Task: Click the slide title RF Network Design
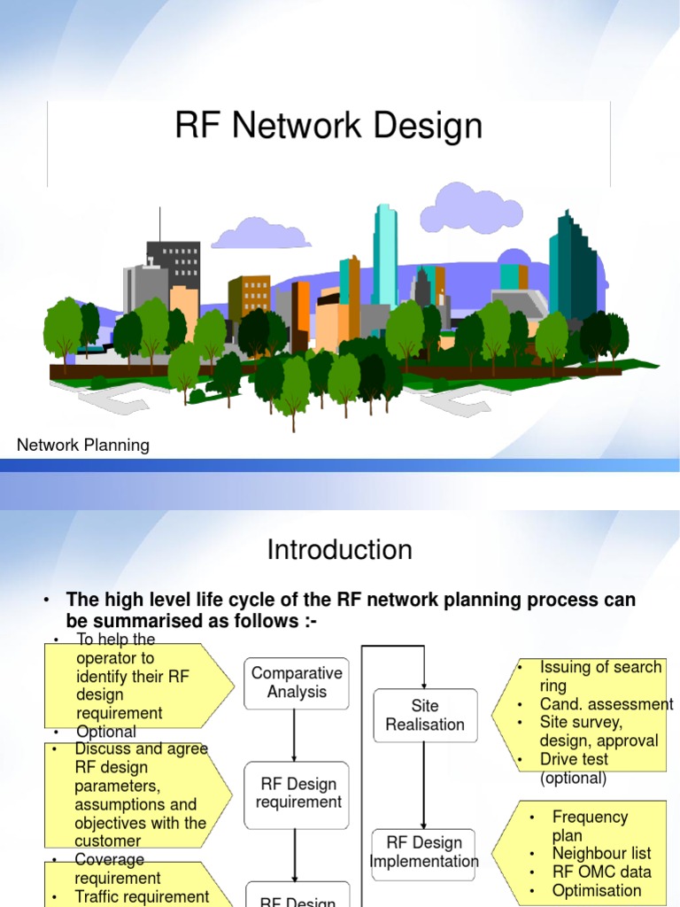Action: click(328, 126)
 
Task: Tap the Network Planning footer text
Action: click(83, 446)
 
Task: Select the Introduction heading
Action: click(339, 550)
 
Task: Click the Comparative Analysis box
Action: click(296, 682)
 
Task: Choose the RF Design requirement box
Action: click(298, 793)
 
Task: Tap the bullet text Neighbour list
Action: click(601, 853)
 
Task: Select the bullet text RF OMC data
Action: click(601, 872)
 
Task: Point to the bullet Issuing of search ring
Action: click(600, 676)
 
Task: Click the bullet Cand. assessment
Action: click(606, 704)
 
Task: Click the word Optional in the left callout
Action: click(106, 733)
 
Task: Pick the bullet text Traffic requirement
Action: click(142, 896)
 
